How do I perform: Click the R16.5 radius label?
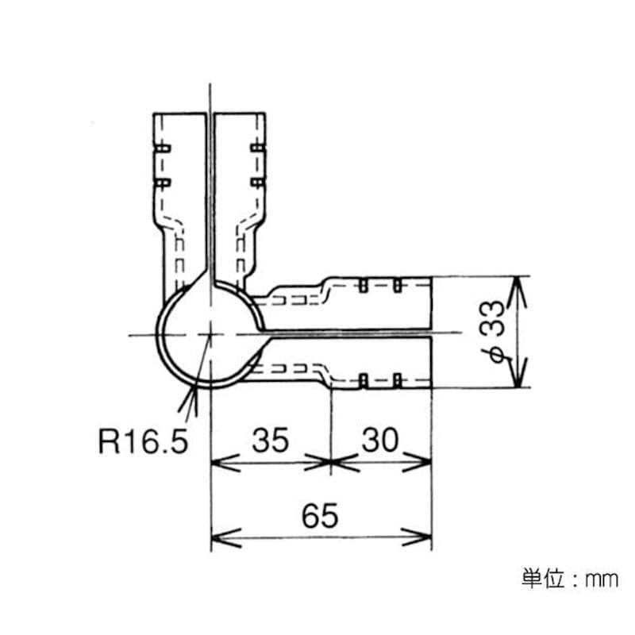pos(144,441)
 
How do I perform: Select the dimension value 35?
pos(271,440)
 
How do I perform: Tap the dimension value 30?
pos(380,440)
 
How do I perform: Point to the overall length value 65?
pos(320,515)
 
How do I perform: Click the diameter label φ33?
pos(492,332)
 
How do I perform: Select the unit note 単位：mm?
pos(570,579)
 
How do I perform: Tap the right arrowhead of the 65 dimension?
pos(418,538)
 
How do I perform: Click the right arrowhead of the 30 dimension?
pos(418,462)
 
